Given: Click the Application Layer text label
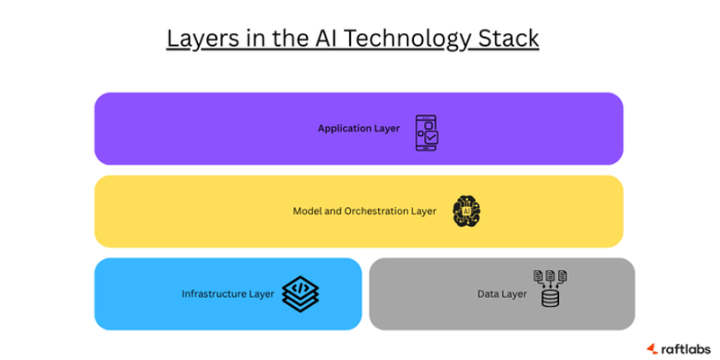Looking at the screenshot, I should pyautogui.click(x=358, y=129).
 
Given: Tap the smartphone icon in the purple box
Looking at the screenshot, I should pyautogui.click(x=427, y=131).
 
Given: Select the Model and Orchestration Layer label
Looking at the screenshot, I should pyautogui.click(x=364, y=211).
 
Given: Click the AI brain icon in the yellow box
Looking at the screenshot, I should pyautogui.click(x=466, y=211).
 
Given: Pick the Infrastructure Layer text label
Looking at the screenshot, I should pyautogui.click(x=228, y=294).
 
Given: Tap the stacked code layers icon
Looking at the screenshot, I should pyautogui.click(x=301, y=292).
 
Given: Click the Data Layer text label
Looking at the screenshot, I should pyautogui.click(x=501, y=294).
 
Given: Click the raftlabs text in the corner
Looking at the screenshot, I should pyautogui.click(x=685, y=348).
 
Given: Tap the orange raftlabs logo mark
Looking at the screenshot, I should pyautogui.click(x=652, y=348).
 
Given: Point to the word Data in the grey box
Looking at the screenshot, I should pyautogui.click(x=488, y=294).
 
